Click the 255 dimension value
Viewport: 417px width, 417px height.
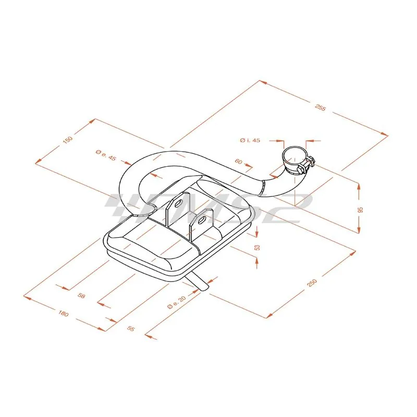pyautogui.click(x=320, y=108)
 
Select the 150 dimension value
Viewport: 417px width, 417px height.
pyautogui.click(x=68, y=140)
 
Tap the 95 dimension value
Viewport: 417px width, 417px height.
pyautogui.click(x=361, y=210)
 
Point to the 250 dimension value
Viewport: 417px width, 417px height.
pyautogui.click(x=312, y=283)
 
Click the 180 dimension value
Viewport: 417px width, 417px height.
pyautogui.click(x=63, y=313)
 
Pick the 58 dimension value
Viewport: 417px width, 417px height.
pyautogui.click(x=81, y=295)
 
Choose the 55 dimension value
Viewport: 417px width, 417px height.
pyautogui.click(x=131, y=329)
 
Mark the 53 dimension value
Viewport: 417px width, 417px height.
pyautogui.click(x=257, y=247)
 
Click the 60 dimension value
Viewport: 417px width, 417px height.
pyautogui.click(x=239, y=161)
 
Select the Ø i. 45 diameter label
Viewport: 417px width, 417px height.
pyautogui.click(x=250, y=140)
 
